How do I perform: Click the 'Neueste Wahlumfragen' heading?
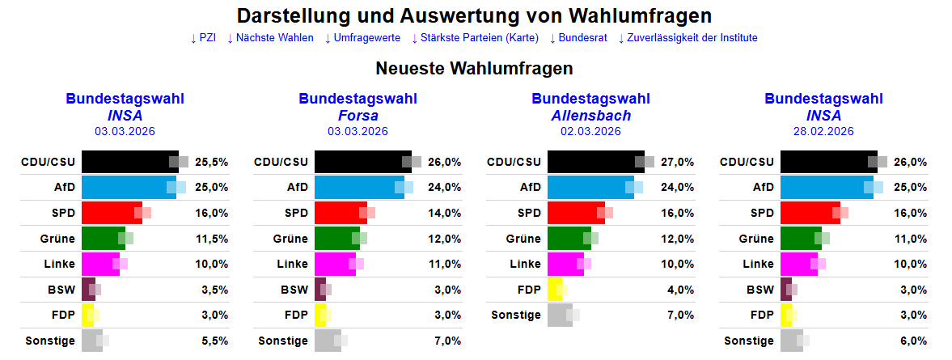(x=475, y=69)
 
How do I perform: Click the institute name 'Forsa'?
(x=358, y=116)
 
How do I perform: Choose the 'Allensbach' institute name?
(x=590, y=116)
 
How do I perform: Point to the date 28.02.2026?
(x=823, y=131)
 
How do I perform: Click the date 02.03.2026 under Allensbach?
(x=590, y=131)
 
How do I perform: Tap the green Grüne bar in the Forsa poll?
(x=334, y=239)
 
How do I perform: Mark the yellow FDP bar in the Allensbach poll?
(x=554, y=290)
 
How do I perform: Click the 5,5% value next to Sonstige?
(x=214, y=341)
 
